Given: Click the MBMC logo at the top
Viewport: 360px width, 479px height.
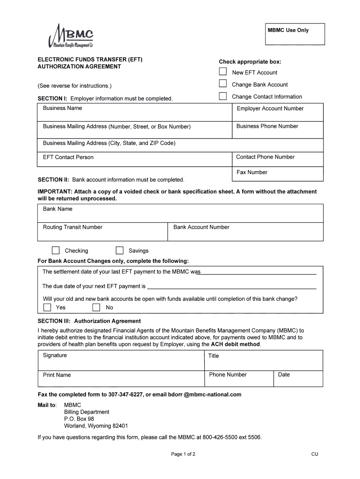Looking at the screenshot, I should click(71, 36).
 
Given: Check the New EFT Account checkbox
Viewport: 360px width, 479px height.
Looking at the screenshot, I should click(223, 72).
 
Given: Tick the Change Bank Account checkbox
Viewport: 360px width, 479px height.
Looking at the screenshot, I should click(223, 84).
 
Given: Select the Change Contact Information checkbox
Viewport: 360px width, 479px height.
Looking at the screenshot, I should click(223, 96).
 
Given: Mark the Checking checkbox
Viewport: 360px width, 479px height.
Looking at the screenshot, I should click(56, 250).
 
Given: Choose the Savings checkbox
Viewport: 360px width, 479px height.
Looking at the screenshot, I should click(120, 250).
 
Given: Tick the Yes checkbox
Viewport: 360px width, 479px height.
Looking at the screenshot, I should click(47, 307).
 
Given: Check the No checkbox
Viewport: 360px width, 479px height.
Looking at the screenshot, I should click(96, 307).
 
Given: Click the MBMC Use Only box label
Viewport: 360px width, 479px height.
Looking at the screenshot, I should click(288, 30).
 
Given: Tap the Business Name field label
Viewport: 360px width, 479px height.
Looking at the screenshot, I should click(62, 108).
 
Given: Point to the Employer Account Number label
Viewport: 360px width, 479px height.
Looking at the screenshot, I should click(270, 109).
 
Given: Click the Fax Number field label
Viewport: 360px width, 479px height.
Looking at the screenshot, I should click(252, 172).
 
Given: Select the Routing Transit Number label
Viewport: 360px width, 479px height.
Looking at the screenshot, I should click(72, 227).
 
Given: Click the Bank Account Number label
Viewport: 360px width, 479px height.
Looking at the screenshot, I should click(201, 227).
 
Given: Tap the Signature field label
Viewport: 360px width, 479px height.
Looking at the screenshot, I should click(55, 356).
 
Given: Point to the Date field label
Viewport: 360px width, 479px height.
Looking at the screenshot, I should click(284, 375).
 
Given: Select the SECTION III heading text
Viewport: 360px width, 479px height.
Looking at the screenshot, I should click(89, 321).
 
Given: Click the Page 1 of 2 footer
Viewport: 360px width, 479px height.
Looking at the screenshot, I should click(183, 454).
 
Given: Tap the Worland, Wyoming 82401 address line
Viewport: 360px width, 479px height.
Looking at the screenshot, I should click(96, 426).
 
